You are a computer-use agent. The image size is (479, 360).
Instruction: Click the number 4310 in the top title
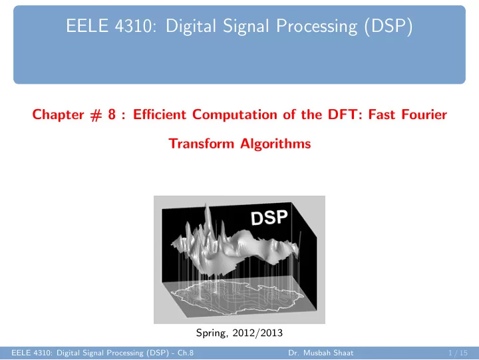point(133,26)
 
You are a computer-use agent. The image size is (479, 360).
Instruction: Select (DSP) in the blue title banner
point(388,26)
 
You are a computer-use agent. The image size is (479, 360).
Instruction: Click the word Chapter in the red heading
point(58,114)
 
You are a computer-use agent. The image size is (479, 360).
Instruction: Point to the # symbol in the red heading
point(96,115)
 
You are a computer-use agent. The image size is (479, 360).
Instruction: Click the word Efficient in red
point(160,114)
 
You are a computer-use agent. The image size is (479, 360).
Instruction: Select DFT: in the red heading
point(345,114)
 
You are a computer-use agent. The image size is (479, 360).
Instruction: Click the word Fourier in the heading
point(424,114)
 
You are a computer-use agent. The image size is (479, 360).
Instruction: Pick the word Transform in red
point(202,144)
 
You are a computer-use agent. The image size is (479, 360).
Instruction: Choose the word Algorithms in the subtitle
point(275,144)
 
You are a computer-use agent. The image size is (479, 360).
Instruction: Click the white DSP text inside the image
point(269,218)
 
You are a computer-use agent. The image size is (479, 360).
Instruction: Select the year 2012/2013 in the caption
point(257,333)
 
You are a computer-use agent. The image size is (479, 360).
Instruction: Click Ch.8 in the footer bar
point(186,353)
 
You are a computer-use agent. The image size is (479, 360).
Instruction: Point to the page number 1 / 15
point(458,353)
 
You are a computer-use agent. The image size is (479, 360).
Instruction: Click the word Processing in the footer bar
point(125,353)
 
